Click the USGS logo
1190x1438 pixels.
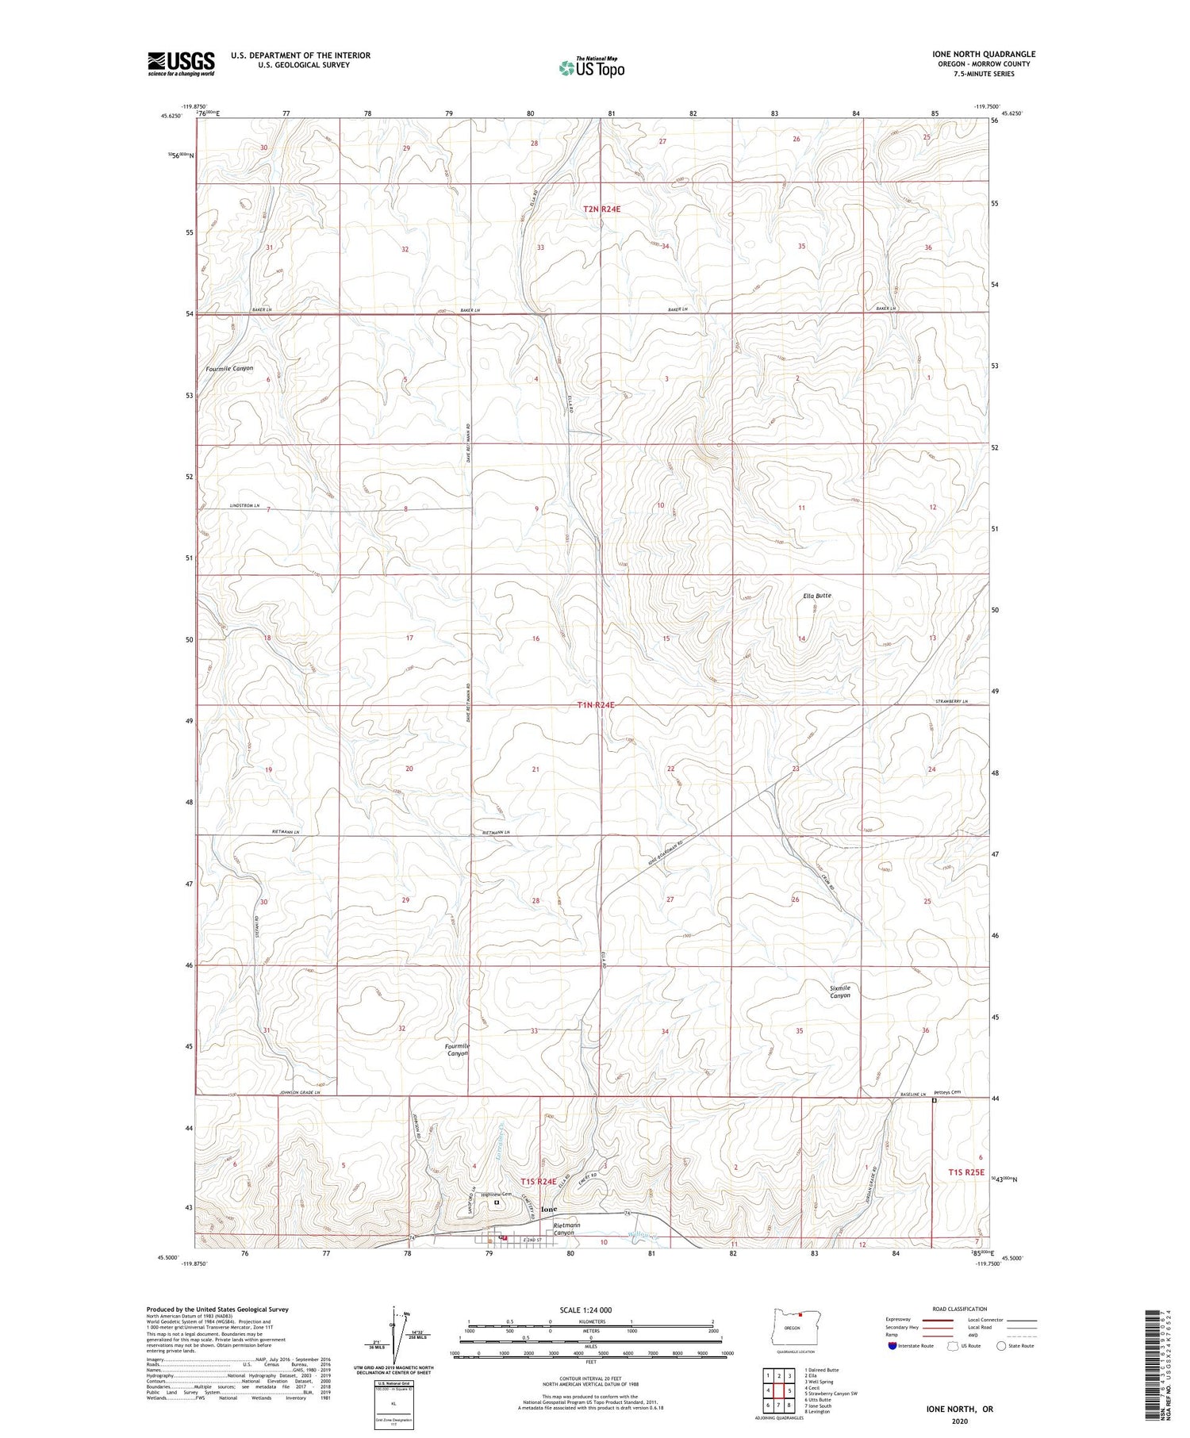181,63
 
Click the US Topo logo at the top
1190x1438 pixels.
592,68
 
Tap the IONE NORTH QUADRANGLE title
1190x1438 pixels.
983,55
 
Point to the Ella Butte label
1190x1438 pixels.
816,596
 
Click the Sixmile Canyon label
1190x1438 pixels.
840,991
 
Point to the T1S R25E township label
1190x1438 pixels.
965,1172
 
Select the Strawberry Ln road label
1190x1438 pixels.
951,701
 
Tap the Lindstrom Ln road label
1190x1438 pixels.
245,505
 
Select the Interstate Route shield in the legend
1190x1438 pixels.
892,1346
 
